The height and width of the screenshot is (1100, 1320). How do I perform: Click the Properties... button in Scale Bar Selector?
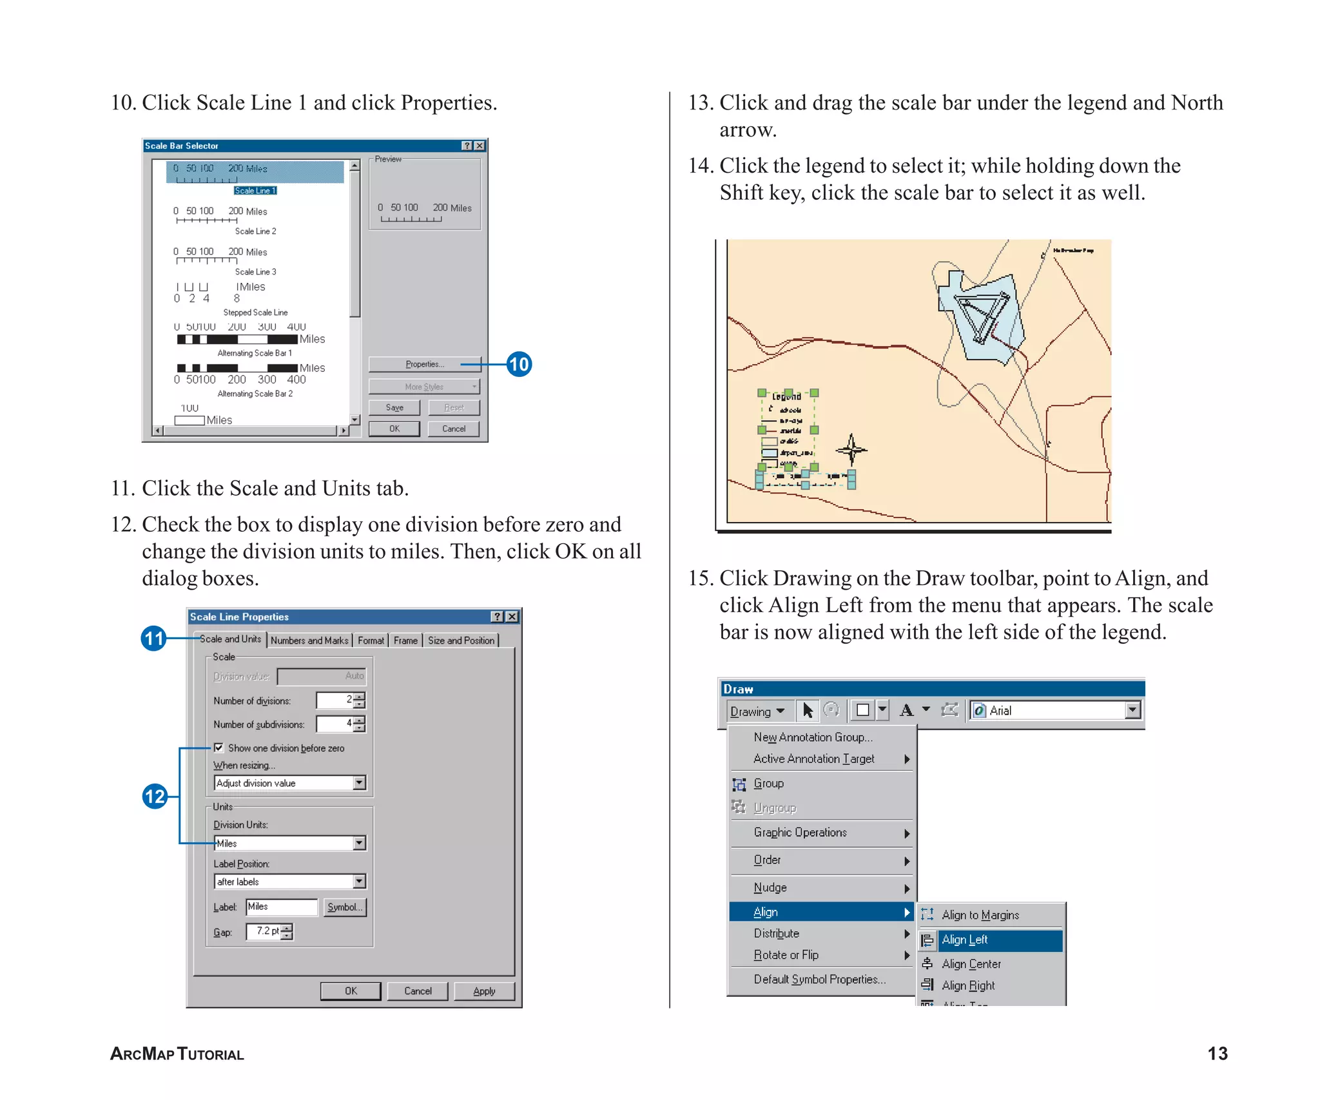424,364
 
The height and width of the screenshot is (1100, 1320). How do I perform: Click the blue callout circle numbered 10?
519,364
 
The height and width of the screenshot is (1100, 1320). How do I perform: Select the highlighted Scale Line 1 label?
255,191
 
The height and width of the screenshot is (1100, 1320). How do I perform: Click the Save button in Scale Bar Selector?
394,407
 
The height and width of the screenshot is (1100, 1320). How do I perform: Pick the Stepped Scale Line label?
255,313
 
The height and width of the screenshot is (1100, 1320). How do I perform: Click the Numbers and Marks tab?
309,640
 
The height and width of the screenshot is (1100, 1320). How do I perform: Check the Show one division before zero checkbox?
219,748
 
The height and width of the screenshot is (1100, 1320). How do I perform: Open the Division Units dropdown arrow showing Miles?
360,843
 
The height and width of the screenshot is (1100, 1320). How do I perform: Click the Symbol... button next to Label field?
345,907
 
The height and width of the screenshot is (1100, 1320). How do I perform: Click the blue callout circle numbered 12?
155,796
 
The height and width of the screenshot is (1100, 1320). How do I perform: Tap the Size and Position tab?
461,640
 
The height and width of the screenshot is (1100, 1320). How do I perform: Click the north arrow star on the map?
851,449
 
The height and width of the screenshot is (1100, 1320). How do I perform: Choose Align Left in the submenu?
965,940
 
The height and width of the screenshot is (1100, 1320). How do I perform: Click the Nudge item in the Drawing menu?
770,887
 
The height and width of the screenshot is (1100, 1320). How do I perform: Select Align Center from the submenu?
971,964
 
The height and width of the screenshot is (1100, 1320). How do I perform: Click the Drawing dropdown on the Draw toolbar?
757,711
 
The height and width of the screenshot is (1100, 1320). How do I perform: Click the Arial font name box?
1051,710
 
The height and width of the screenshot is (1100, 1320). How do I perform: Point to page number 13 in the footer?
1217,1054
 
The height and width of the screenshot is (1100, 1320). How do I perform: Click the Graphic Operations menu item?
800,833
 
